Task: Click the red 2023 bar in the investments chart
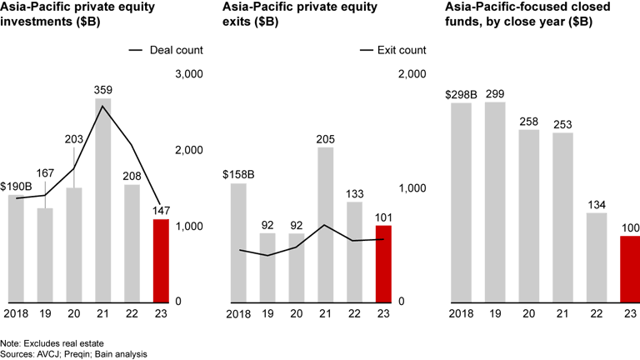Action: tap(162, 260)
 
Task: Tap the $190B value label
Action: tap(16, 186)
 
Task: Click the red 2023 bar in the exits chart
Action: tap(383, 263)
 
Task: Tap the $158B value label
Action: tap(238, 174)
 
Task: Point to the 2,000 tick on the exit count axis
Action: tap(413, 74)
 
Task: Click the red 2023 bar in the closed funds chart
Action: tap(629, 268)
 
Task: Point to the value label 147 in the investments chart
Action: tap(162, 210)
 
